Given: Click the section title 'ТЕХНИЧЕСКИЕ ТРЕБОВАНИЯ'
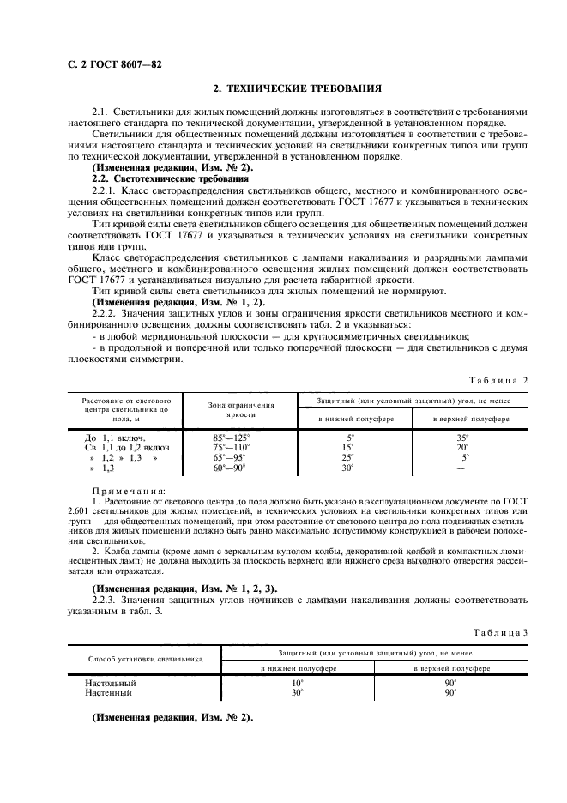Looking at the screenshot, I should [x=295, y=88].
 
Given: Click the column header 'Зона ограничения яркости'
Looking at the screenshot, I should [x=242, y=408].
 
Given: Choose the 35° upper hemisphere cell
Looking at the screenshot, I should [x=462, y=438].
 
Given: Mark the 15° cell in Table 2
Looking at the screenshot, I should [x=348, y=447].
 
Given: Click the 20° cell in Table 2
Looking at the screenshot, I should [x=462, y=447].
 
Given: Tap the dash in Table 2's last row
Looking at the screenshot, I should [x=461, y=468].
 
